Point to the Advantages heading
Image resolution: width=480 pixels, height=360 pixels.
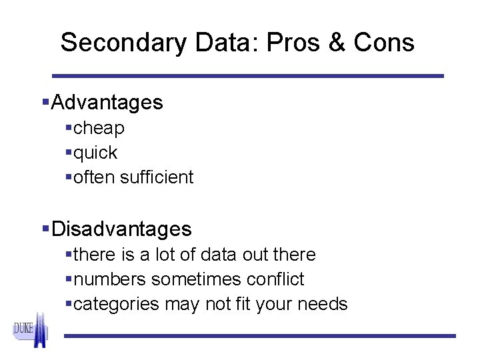(x=107, y=103)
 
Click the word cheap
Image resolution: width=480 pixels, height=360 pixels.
(x=99, y=128)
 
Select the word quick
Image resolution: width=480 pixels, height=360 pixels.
(x=95, y=153)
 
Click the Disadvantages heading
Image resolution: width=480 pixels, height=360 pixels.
(x=121, y=229)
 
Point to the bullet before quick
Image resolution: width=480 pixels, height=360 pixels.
(x=69, y=153)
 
